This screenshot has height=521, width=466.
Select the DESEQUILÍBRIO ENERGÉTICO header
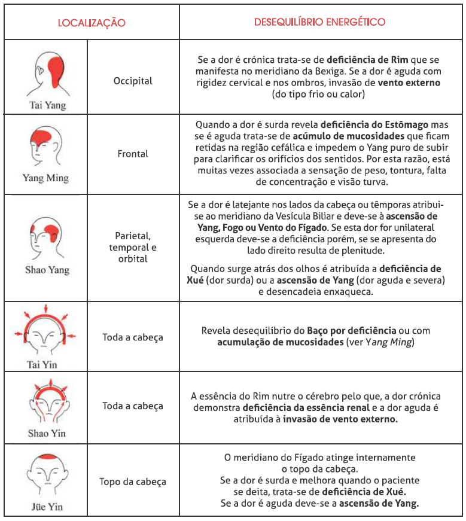(319, 22)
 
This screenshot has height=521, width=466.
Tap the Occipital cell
(133, 80)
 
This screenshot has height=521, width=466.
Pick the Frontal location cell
(133, 154)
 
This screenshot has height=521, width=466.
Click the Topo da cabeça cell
(133, 482)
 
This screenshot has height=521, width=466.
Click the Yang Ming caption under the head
(45, 178)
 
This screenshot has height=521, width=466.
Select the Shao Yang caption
(47, 270)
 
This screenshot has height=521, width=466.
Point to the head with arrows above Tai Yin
(43, 333)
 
